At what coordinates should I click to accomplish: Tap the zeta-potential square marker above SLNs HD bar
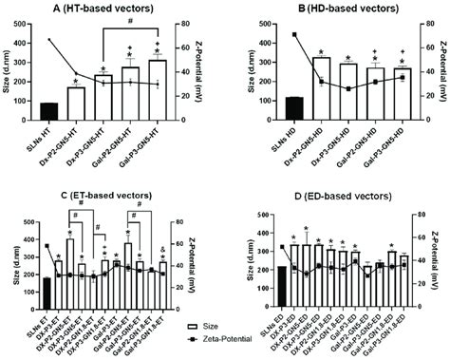click(267, 34)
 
